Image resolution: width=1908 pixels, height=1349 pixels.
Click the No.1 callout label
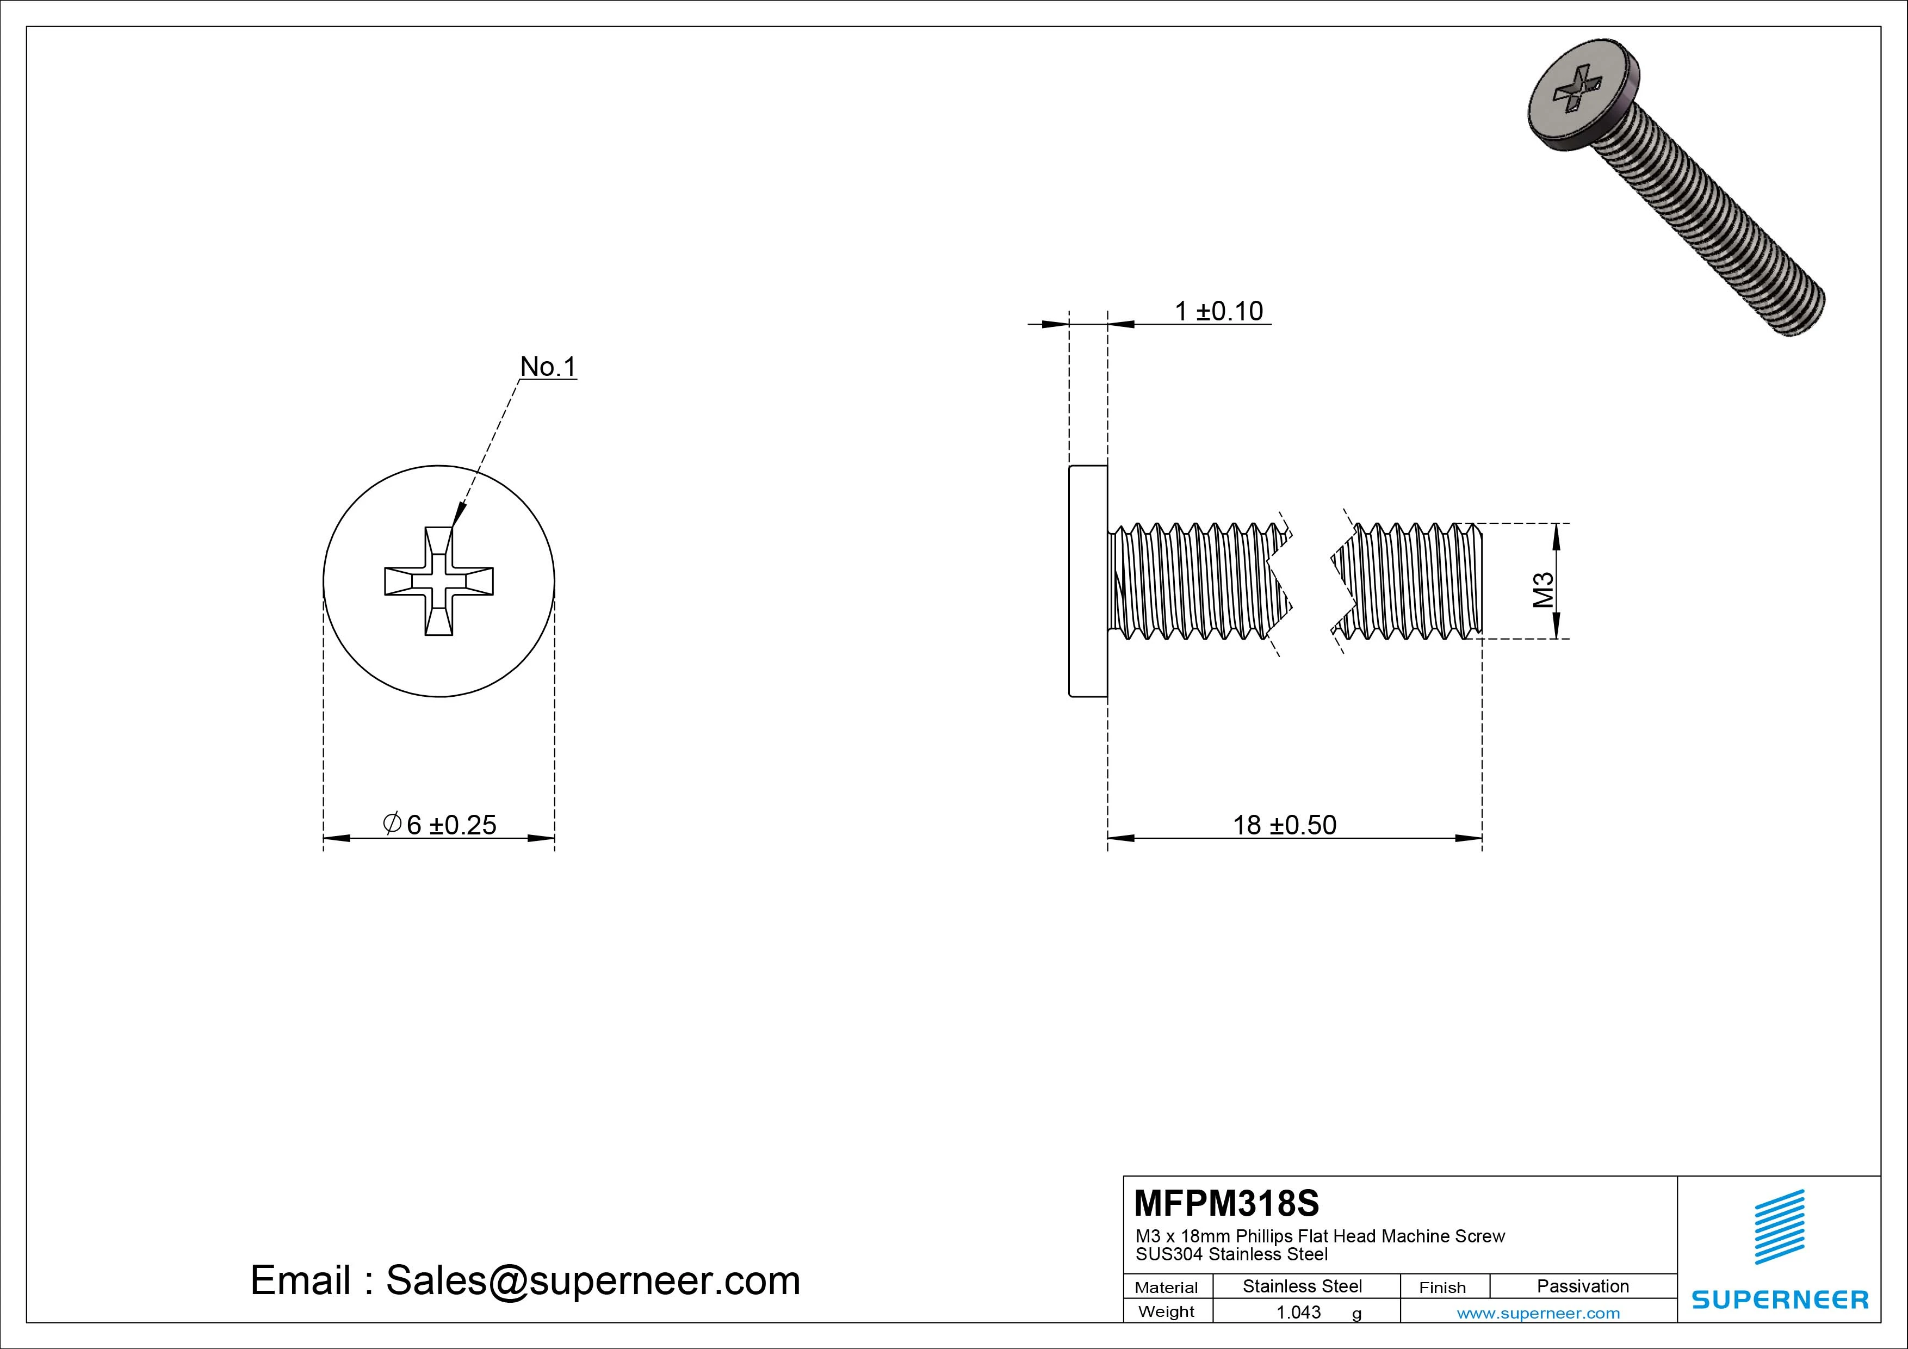(x=548, y=367)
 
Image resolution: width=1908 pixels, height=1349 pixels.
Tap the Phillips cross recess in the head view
(x=439, y=581)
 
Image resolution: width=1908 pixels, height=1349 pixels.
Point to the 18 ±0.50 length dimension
(x=1284, y=825)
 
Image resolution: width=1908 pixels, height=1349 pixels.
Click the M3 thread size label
(x=1543, y=590)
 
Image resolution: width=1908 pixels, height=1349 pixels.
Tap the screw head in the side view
(x=1088, y=581)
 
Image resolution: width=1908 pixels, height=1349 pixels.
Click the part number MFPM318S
(x=1226, y=1203)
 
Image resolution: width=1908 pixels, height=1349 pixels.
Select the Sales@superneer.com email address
(x=592, y=1280)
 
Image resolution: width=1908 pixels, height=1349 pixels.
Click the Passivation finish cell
(x=1582, y=1286)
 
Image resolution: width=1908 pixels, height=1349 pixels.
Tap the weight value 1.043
(x=1298, y=1311)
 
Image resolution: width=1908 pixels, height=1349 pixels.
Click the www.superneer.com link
(x=1538, y=1313)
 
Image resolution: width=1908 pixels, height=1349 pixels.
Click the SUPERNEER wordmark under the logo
(x=1779, y=1299)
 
